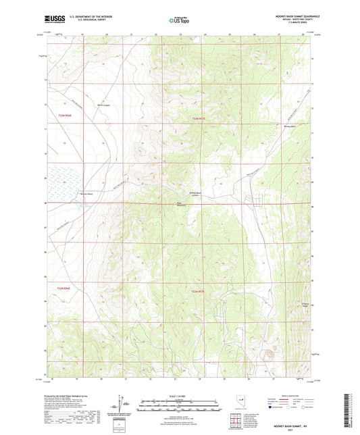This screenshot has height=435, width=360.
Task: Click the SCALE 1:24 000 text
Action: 180,396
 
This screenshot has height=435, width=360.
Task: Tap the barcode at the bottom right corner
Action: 352,411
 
